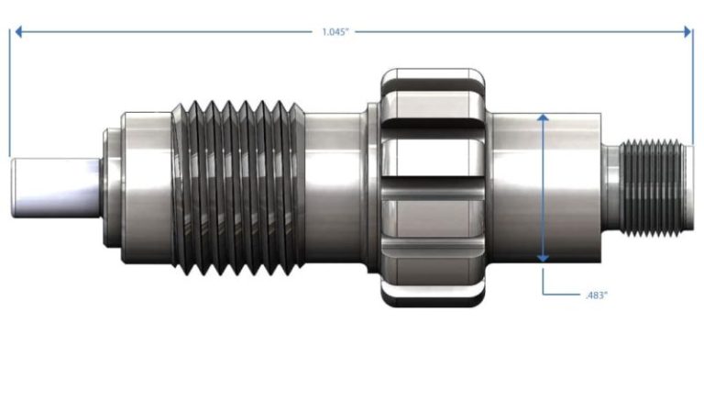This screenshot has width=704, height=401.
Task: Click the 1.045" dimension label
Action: coord(335,32)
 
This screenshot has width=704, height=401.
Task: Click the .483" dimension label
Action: coord(596,295)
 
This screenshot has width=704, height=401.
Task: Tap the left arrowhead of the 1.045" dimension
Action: coord(18,31)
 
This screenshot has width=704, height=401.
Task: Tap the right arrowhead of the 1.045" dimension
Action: coord(687,31)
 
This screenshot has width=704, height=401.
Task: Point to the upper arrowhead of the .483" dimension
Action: coord(543,117)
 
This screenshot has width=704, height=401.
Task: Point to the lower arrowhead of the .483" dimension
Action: coord(543,258)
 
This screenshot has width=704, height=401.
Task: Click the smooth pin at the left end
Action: coord(55,188)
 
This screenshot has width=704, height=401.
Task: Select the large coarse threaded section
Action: coord(238,188)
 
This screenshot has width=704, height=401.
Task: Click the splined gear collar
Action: coord(433,188)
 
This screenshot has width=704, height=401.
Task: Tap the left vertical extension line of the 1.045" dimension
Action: coord(9,93)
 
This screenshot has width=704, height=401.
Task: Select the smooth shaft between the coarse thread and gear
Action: coord(333,188)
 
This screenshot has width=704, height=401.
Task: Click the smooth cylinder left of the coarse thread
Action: coord(147,188)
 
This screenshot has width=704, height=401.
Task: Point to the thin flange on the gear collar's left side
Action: coord(373,188)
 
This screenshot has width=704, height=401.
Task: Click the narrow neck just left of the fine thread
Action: coord(610,188)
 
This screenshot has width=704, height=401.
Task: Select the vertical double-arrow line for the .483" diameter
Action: coord(543,188)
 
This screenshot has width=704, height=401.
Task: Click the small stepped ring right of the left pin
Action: coord(111,188)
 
